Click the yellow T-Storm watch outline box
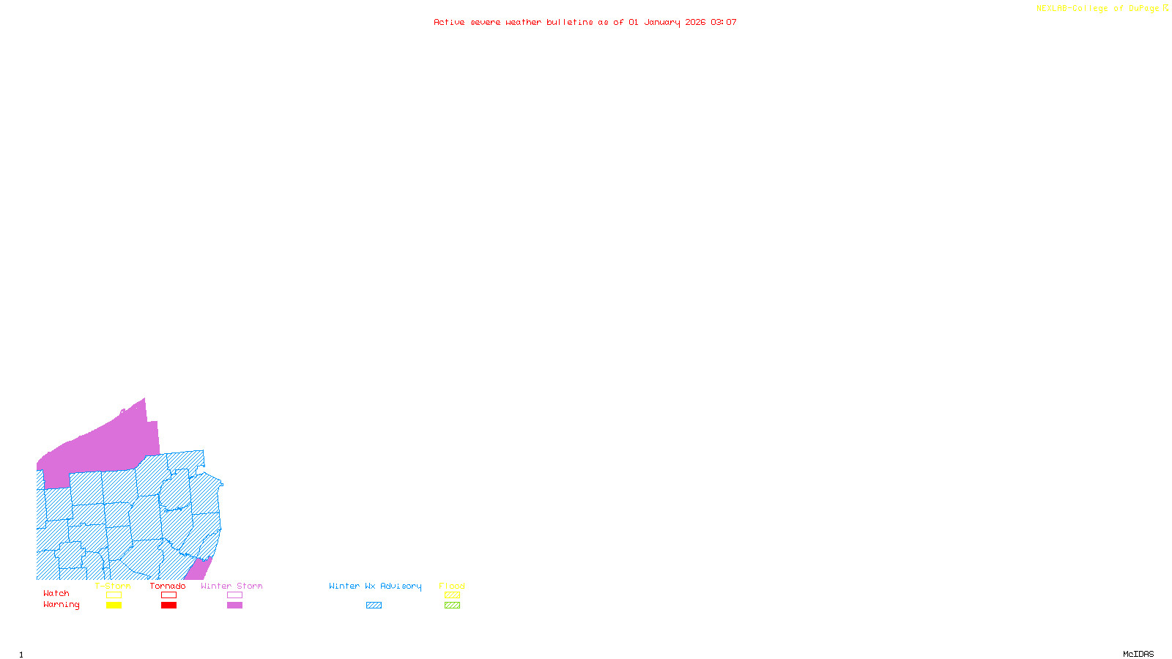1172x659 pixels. pyautogui.click(x=114, y=595)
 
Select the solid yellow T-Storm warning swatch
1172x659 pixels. pyautogui.click(x=114, y=606)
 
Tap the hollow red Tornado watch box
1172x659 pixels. pyautogui.click(x=168, y=595)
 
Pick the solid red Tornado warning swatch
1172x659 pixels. pyautogui.click(x=168, y=606)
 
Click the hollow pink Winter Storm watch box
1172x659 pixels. pyautogui.click(x=234, y=595)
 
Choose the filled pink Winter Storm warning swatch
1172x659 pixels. pyautogui.click(x=234, y=606)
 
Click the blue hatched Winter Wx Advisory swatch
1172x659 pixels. pyautogui.click(x=374, y=606)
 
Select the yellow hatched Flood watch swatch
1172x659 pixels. pyautogui.click(x=452, y=595)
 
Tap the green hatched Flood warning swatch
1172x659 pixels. pyautogui.click(x=452, y=606)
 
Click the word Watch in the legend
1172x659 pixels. pyautogui.click(x=56, y=594)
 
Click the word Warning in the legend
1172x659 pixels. pyautogui.click(x=62, y=605)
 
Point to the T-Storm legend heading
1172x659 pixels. pyautogui.click(x=113, y=586)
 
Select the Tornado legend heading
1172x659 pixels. pyautogui.click(x=168, y=586)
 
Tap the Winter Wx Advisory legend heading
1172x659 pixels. pyautogui.click(x=375, y=586)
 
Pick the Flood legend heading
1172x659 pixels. pyautogui.click(x=452, y=586)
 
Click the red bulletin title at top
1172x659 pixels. pyautogui.click(x=585, y=22)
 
